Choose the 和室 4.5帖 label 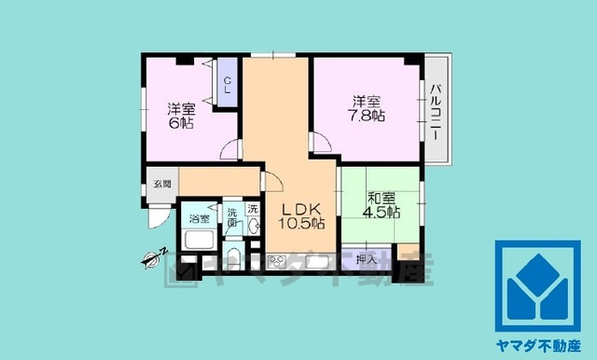(382, 204)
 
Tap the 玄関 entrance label (161, 185)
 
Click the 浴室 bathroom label (200, 218)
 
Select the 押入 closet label (367, 259)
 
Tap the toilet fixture (233, 258)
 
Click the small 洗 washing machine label (253, 209)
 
